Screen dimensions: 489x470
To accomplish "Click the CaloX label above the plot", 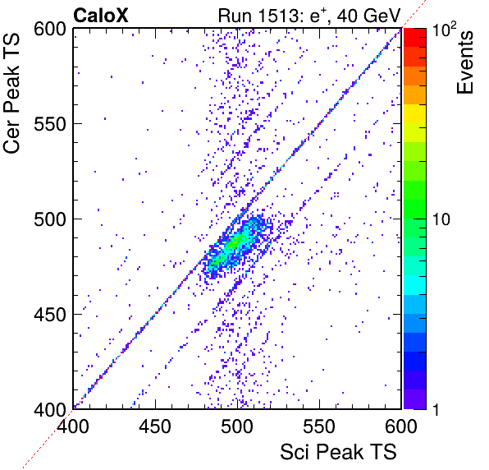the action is point(101,16).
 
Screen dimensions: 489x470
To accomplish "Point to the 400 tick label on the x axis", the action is point(73,426).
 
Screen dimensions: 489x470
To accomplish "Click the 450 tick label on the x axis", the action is point(155,426).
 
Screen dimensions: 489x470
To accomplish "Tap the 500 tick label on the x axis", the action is point(237,426).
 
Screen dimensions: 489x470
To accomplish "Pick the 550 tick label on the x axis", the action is point(319,426).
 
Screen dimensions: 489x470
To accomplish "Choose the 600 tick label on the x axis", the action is point(401,426).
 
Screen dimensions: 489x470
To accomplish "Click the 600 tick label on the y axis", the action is point(50,30).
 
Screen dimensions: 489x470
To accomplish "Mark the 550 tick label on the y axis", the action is point(50,125).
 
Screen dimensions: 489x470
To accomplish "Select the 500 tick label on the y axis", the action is point(50,219).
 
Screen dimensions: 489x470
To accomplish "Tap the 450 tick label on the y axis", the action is point(50,315).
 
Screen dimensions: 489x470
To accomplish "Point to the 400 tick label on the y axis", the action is point(50,409).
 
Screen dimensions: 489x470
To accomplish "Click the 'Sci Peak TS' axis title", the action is point(338,452).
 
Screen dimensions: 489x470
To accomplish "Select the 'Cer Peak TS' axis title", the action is point(11,94).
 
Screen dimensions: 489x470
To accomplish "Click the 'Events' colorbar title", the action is point(464,62).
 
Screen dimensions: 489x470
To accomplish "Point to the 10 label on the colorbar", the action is point(441,219).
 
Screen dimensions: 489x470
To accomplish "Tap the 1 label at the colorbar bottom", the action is point(436,409).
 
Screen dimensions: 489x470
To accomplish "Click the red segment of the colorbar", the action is point(415,38).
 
